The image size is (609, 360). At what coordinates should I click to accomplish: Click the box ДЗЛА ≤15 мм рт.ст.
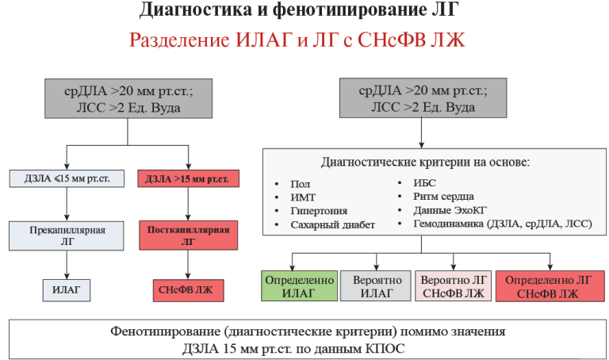pos(67,178)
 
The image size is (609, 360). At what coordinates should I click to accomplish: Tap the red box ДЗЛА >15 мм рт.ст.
pos(188,178)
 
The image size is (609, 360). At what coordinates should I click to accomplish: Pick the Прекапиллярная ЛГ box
pos(67,237)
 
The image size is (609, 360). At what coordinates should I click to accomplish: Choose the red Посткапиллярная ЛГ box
pos(188,238)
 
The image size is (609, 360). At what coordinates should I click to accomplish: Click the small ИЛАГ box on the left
pos(67,290)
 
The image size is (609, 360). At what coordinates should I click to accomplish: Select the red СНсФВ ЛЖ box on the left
pos(188,290)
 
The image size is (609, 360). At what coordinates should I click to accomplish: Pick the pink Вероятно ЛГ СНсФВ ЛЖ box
pos(453,287)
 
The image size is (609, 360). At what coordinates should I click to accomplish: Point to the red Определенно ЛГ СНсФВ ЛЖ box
pos(550,287)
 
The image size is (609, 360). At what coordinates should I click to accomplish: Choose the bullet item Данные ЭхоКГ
pos(452,210)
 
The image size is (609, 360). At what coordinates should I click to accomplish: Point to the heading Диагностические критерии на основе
pos(425,162)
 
